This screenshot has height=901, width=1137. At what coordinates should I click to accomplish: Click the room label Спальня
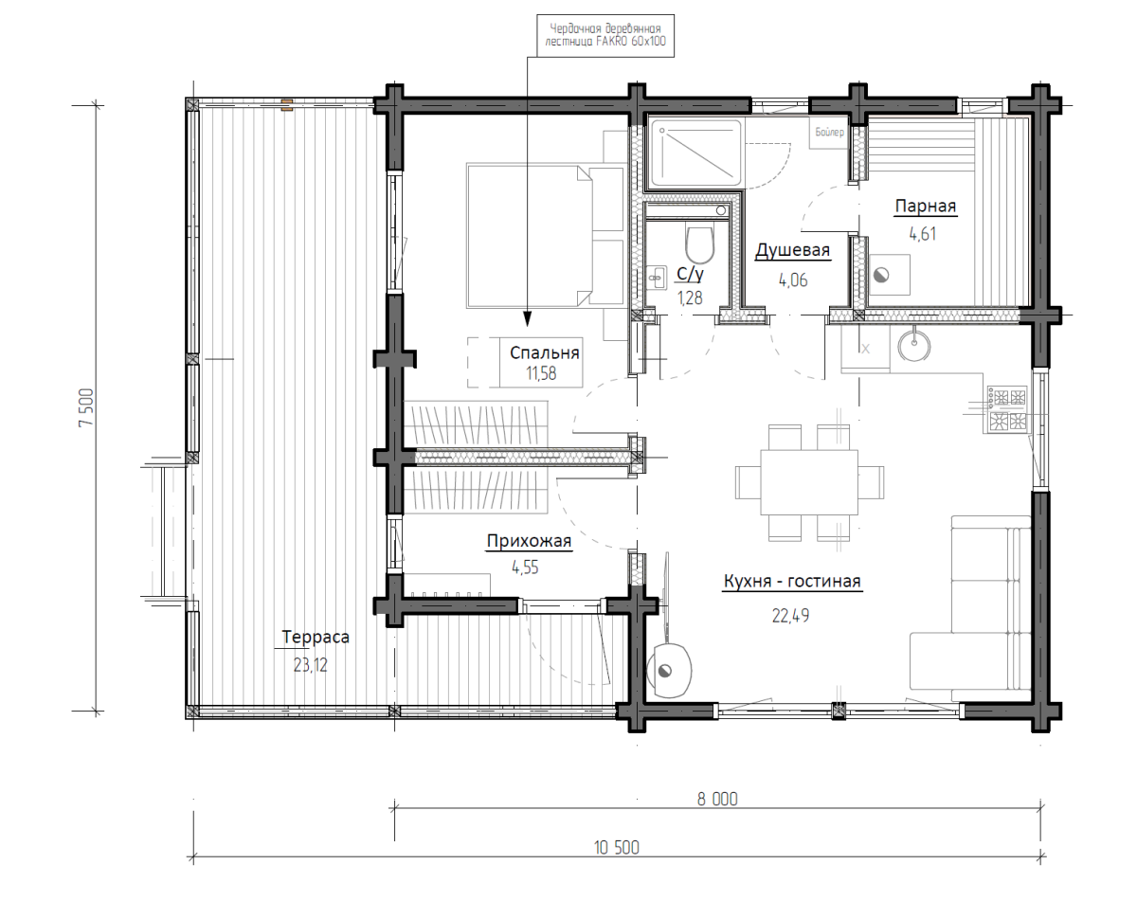click(544, 352)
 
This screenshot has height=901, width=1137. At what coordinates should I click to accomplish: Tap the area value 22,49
click(790, 616)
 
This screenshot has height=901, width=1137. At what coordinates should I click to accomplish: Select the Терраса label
click(316, 637)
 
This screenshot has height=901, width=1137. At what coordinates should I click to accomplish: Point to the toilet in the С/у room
click(700, 245)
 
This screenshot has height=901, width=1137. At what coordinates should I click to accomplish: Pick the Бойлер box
click(828, 133)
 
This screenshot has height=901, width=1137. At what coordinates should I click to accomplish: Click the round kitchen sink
click(913, 345)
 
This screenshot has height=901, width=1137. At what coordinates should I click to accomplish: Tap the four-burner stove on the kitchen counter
click(1007, 409)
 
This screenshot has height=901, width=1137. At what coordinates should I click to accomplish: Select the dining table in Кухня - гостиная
click(809, 482)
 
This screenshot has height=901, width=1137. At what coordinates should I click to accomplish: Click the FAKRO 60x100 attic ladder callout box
click(605, 35)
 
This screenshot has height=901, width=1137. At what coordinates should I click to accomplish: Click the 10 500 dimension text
click(616, 863)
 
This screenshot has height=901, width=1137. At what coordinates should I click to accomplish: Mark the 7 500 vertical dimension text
click(85, 407)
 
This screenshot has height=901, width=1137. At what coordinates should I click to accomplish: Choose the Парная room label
click(925, 207)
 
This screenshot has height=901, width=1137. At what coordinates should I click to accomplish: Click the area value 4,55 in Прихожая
click(525, 568)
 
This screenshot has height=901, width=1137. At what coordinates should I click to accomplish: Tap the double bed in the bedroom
click(545, 236)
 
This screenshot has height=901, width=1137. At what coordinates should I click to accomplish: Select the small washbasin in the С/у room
click(657, 277)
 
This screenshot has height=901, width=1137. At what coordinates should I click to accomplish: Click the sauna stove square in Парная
click(890, 275)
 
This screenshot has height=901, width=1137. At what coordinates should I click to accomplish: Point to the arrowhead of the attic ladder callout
click(527, 318)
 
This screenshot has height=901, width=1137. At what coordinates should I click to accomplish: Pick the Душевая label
click(792, 250)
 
